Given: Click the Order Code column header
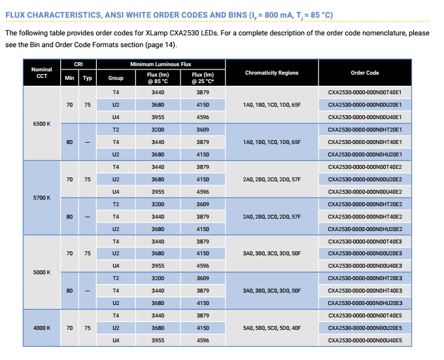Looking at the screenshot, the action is click(x=365, y=73).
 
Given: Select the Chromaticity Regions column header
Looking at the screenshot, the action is click(x=271, y=73).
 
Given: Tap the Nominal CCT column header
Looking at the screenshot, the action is click(x=42, y=73).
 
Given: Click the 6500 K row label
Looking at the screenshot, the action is click(x=42, y=124).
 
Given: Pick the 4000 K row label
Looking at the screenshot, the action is click(x=42, y=328).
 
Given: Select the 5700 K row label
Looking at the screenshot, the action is click(x=42, y=198).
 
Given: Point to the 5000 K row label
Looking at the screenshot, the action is click(x=42, y=272).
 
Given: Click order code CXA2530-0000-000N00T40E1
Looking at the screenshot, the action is click(x=365, y=92).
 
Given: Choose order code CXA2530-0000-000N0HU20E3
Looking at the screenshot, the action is click(x=365, y=303).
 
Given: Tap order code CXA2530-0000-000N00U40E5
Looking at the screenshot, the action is click(x=365, y=340).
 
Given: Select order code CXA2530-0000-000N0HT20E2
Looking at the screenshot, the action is click(x=365, y=204).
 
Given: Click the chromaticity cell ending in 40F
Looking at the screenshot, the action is click(x=271, y=328).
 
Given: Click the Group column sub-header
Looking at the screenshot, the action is click(x=116, y=78).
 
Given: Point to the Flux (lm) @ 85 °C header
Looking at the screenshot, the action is click(x=158, y=78).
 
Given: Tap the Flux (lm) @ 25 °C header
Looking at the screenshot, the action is click(x=203, y=78).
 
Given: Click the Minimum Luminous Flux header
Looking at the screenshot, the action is click(x=161, y=64).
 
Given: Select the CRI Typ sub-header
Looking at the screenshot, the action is click(x=87, y=78).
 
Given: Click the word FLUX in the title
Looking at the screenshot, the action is click(x=15, y=15).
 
